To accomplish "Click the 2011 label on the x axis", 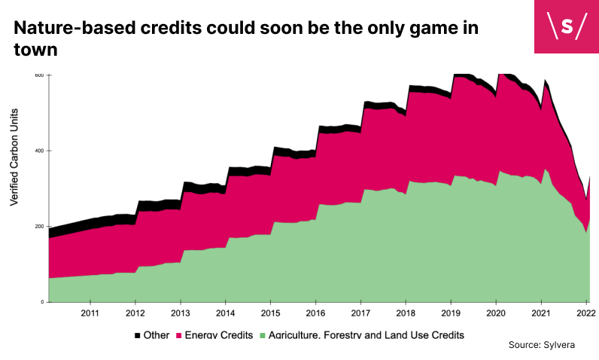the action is coord(90,313).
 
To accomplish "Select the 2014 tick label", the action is coord(226,313).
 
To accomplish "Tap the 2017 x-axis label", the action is coord(360,313).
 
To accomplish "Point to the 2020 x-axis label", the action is coord(496,313).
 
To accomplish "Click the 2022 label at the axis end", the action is coord(586,313).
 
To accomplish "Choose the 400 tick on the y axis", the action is coord(40,151).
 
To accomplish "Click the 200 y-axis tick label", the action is coord(40,226).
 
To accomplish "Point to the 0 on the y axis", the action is coord(42,302).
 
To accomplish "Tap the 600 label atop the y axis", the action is coord(39,75).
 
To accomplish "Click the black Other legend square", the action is coord(138,336).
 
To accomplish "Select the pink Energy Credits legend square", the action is coord(179,336).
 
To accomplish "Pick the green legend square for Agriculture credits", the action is coord(263,336).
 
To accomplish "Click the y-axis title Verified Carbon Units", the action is coord(14,157).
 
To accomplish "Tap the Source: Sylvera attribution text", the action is coord(542,345).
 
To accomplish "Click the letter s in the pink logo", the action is coord(567,26).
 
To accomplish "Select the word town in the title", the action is coord(35,50).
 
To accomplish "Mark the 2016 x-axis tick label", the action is coord(315,313).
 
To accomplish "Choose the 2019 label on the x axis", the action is coord(451,313).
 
